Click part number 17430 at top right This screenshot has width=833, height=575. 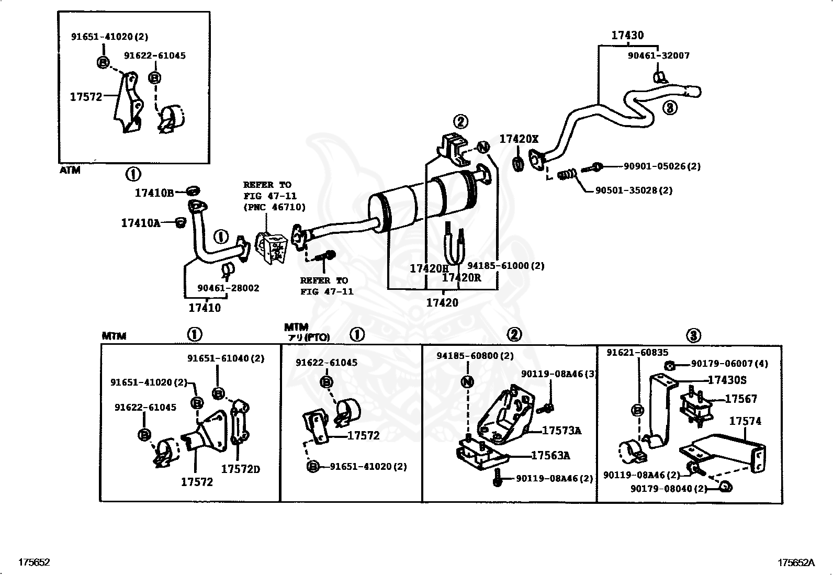[627, 35]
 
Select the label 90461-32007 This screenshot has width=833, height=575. [658, 55]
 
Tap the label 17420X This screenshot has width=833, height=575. [519, 139]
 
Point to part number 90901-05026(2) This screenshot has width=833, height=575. [661, 166]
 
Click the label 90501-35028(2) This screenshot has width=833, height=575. [634, 190]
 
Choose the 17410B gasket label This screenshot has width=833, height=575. [154, 193]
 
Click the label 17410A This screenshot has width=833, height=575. [140, 223]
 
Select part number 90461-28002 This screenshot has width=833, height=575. [228, 288]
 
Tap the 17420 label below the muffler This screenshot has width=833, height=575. [442, 302]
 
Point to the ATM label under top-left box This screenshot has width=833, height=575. [70, 170]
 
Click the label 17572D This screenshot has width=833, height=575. [240, 469]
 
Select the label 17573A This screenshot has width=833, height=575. [561, 431]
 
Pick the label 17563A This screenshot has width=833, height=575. [550, 456]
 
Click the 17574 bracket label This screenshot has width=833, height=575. [745, 421]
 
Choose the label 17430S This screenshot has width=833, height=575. [727, 380]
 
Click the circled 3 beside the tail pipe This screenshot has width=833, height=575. [669, 108]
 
